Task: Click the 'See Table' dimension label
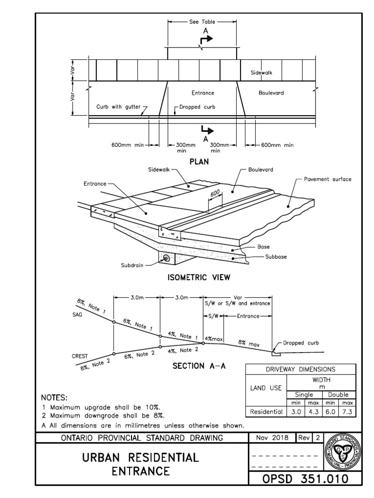click(202, 22)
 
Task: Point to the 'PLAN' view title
click(199, 162)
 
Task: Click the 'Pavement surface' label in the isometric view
click(327, 179)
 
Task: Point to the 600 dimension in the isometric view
click(215, 194)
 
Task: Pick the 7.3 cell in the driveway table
click(347, 412)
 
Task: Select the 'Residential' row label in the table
click(266, 412)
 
